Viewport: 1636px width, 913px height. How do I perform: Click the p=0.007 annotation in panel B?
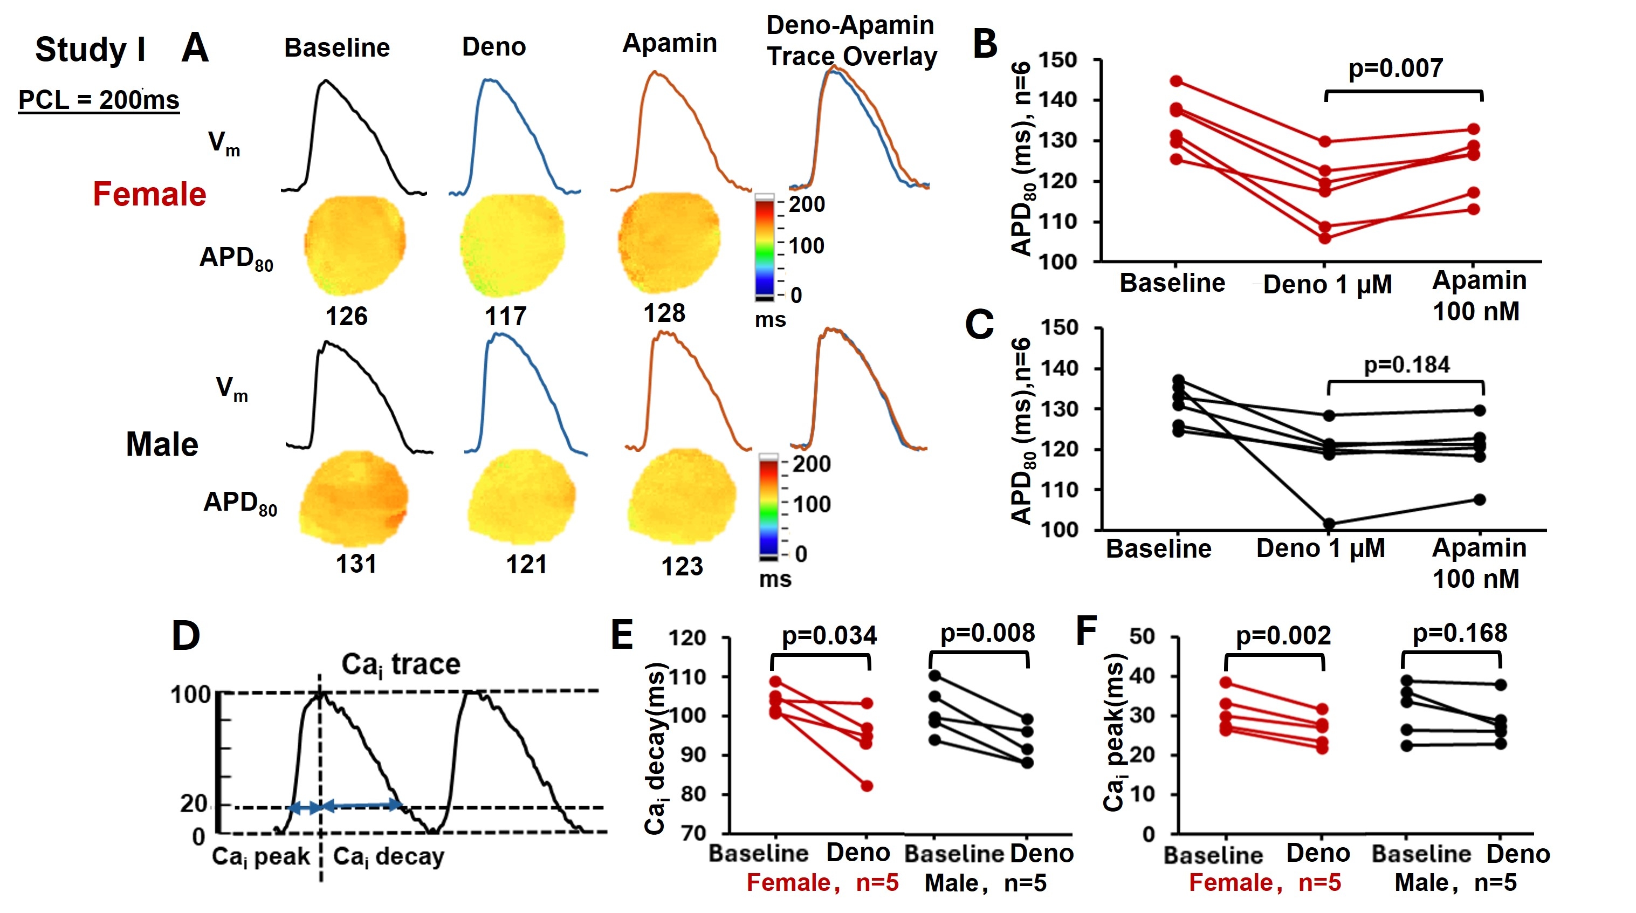point(1396,68)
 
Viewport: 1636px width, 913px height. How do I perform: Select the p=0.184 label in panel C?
point(1407,365)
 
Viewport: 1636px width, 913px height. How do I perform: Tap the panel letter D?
point(185,636)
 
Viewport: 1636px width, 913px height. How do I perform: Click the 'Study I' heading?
point(90,50)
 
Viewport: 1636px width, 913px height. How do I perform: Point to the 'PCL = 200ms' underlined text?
point(99,100)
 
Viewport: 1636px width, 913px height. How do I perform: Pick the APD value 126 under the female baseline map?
point(346,316)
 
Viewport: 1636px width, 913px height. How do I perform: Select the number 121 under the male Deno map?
point(526,564)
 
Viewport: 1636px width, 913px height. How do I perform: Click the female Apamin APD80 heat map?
point(668,243)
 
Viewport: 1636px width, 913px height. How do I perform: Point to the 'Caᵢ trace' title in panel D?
point(401,664)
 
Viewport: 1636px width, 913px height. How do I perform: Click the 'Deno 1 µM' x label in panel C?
point(1321,548)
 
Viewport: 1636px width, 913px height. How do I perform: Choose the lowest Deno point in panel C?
point(1329,524)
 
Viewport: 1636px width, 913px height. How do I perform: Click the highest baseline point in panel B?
point(1176,81)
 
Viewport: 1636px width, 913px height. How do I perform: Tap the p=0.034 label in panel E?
point(829,636)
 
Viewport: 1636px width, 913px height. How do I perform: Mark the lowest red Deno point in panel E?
point(867,786)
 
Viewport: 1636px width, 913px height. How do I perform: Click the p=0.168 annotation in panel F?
point(1460,634)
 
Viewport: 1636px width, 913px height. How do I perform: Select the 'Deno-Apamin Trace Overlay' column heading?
point(851,40)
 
